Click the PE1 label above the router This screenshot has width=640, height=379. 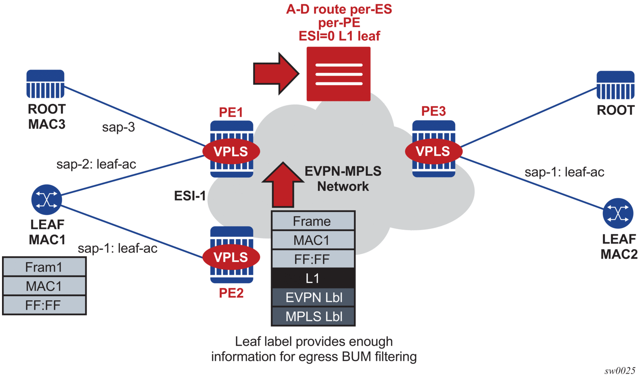[x=231, y=112]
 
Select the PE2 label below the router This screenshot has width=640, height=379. [x=231, y=293]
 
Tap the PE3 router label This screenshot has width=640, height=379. [x=433, y=111]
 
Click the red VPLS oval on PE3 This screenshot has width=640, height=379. [x=433, y=152]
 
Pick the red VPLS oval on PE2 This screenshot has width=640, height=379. [x=231, y=257]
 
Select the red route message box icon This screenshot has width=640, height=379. [x=338, y=74]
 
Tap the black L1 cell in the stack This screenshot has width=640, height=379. [x=313, y=278]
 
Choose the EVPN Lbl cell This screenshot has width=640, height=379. [x=313, y=297]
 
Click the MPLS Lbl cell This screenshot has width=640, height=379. [x=313, y=316]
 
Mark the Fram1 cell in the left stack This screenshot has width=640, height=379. [x=44, y=267]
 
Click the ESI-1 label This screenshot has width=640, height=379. [x=190, y=196]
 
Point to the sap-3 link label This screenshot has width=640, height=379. [x=118, y=127]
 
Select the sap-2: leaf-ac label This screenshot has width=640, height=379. [x=96, y=164]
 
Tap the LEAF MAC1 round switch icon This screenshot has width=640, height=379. [x=47, y=200]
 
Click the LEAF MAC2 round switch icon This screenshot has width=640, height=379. [x=618, y=213]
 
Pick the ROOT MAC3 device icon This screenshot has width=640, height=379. [x=46, y=84]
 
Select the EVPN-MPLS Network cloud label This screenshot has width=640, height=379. [x=343, y=179]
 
